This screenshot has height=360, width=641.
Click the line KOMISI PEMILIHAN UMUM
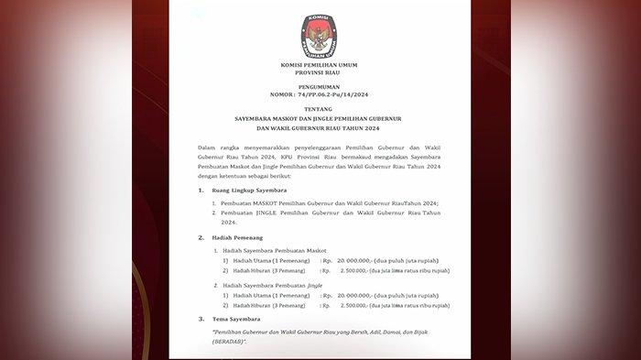tap(319, 69)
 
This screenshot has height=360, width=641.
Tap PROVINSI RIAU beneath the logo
tap(319, 77)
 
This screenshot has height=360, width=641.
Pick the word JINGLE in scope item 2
tap(272, 213)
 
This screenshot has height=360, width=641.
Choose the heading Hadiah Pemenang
tap(237, 237)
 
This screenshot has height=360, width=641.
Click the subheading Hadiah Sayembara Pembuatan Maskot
tap(274, 250)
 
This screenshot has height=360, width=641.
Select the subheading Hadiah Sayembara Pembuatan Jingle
tap(272, 286)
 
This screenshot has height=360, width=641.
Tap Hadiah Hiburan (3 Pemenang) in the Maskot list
tap(273, 271)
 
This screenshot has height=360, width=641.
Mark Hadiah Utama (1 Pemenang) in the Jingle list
tap(271, 296)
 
